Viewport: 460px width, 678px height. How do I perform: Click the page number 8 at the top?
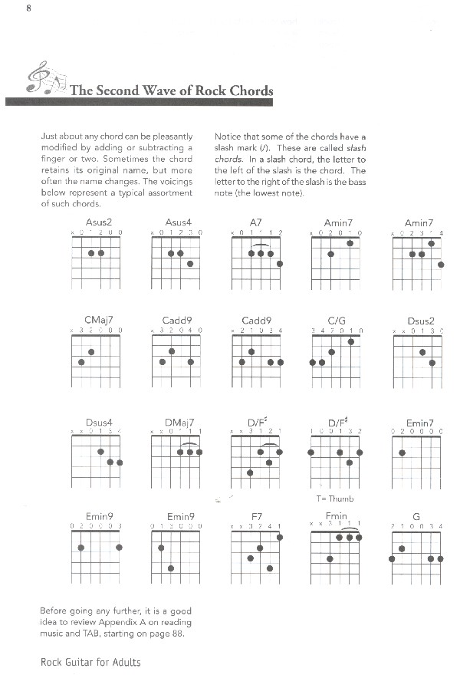click(x=28, y=8)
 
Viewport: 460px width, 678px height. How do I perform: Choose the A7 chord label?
click(x=257, y=222)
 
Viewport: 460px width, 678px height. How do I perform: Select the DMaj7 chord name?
click(x=179, y=422)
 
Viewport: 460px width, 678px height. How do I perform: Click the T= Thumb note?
click(x=334, y=498)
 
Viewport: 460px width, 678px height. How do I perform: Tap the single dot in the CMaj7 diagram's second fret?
click(x=91, y=352)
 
